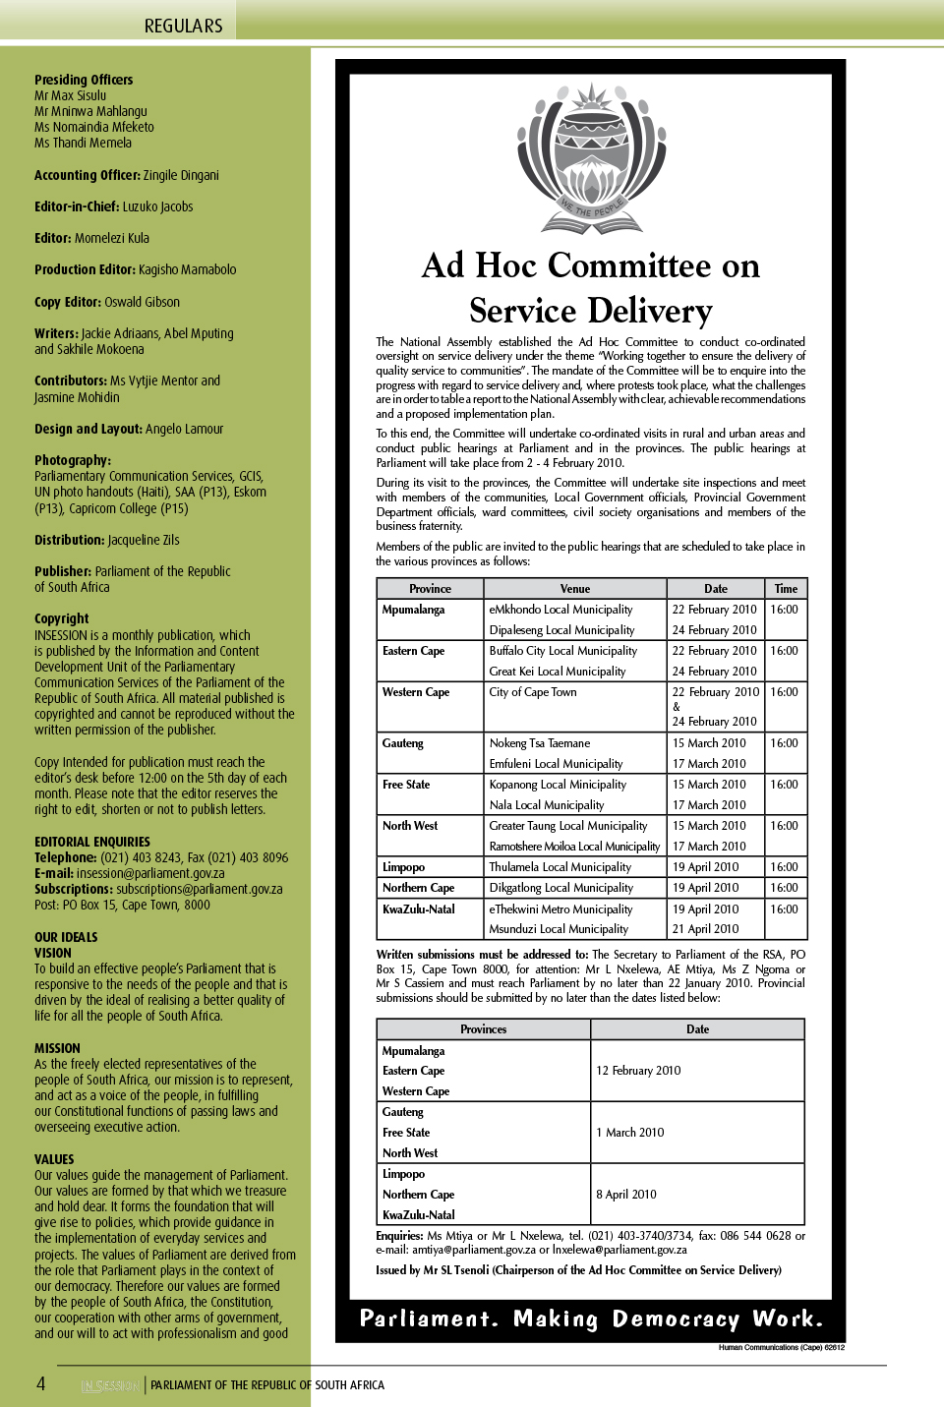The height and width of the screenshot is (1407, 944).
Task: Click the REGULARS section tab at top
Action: (x=184, y=26)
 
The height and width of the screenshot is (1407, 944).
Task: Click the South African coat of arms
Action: (x=591, y=157)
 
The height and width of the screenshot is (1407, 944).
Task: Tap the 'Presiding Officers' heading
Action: (x=84, y=80)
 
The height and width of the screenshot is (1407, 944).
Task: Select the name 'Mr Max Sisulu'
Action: (x=70, y=95)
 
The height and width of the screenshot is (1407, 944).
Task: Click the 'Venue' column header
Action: (x=575, y=589)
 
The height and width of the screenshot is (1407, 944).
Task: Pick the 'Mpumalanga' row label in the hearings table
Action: (x=413, y=610)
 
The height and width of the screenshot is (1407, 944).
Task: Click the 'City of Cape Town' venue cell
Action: (x=533, y=692)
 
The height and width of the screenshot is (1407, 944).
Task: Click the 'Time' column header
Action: (x=786, y=589)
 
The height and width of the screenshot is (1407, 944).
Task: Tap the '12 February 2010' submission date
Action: (x=638, y=1071)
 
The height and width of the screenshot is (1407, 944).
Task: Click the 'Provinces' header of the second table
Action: (x=484, y=1029)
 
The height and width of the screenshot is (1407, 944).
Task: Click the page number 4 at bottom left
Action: (x=41, y=1383)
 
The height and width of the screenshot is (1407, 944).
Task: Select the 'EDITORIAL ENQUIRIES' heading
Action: (x=92, y=842)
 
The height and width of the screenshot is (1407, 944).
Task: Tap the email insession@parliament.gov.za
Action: (x=149, y=873)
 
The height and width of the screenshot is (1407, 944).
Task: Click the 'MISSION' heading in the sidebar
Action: (x=57, y=1048)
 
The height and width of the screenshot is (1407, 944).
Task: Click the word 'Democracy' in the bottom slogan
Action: (x=676, y=1319)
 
